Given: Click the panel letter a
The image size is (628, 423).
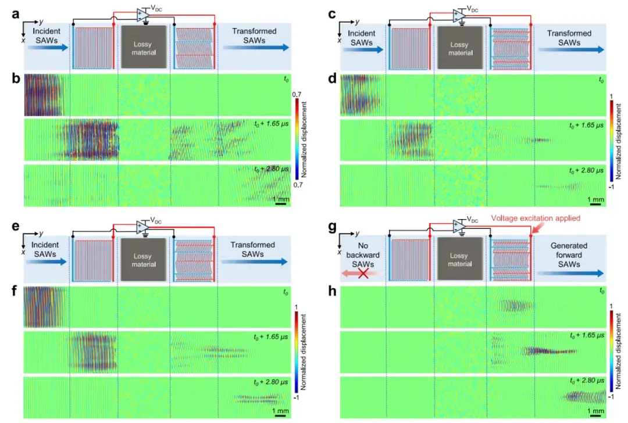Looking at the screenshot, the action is click(15, 15).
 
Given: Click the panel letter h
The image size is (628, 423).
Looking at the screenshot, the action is click(332, 291).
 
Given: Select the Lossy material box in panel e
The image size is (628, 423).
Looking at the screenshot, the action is click(144, 260).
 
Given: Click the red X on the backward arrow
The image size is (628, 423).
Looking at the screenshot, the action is click(363, 273).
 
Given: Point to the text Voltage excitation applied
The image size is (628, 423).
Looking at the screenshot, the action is click(536, 218).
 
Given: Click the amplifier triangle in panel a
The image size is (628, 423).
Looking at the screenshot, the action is click(143, 15).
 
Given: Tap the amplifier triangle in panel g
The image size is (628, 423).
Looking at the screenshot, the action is click(459, 227).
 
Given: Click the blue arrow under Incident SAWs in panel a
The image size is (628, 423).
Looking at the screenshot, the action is click(48, 48).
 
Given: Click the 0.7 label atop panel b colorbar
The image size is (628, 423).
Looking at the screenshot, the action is click(297, 95).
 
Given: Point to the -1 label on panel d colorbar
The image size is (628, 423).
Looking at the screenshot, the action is click(611, 187).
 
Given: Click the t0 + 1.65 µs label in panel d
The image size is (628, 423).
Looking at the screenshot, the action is click(586, 126).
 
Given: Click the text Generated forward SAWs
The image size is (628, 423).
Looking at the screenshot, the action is click(569, 255).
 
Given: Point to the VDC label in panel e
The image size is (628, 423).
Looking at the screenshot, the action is click(156, 220).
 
